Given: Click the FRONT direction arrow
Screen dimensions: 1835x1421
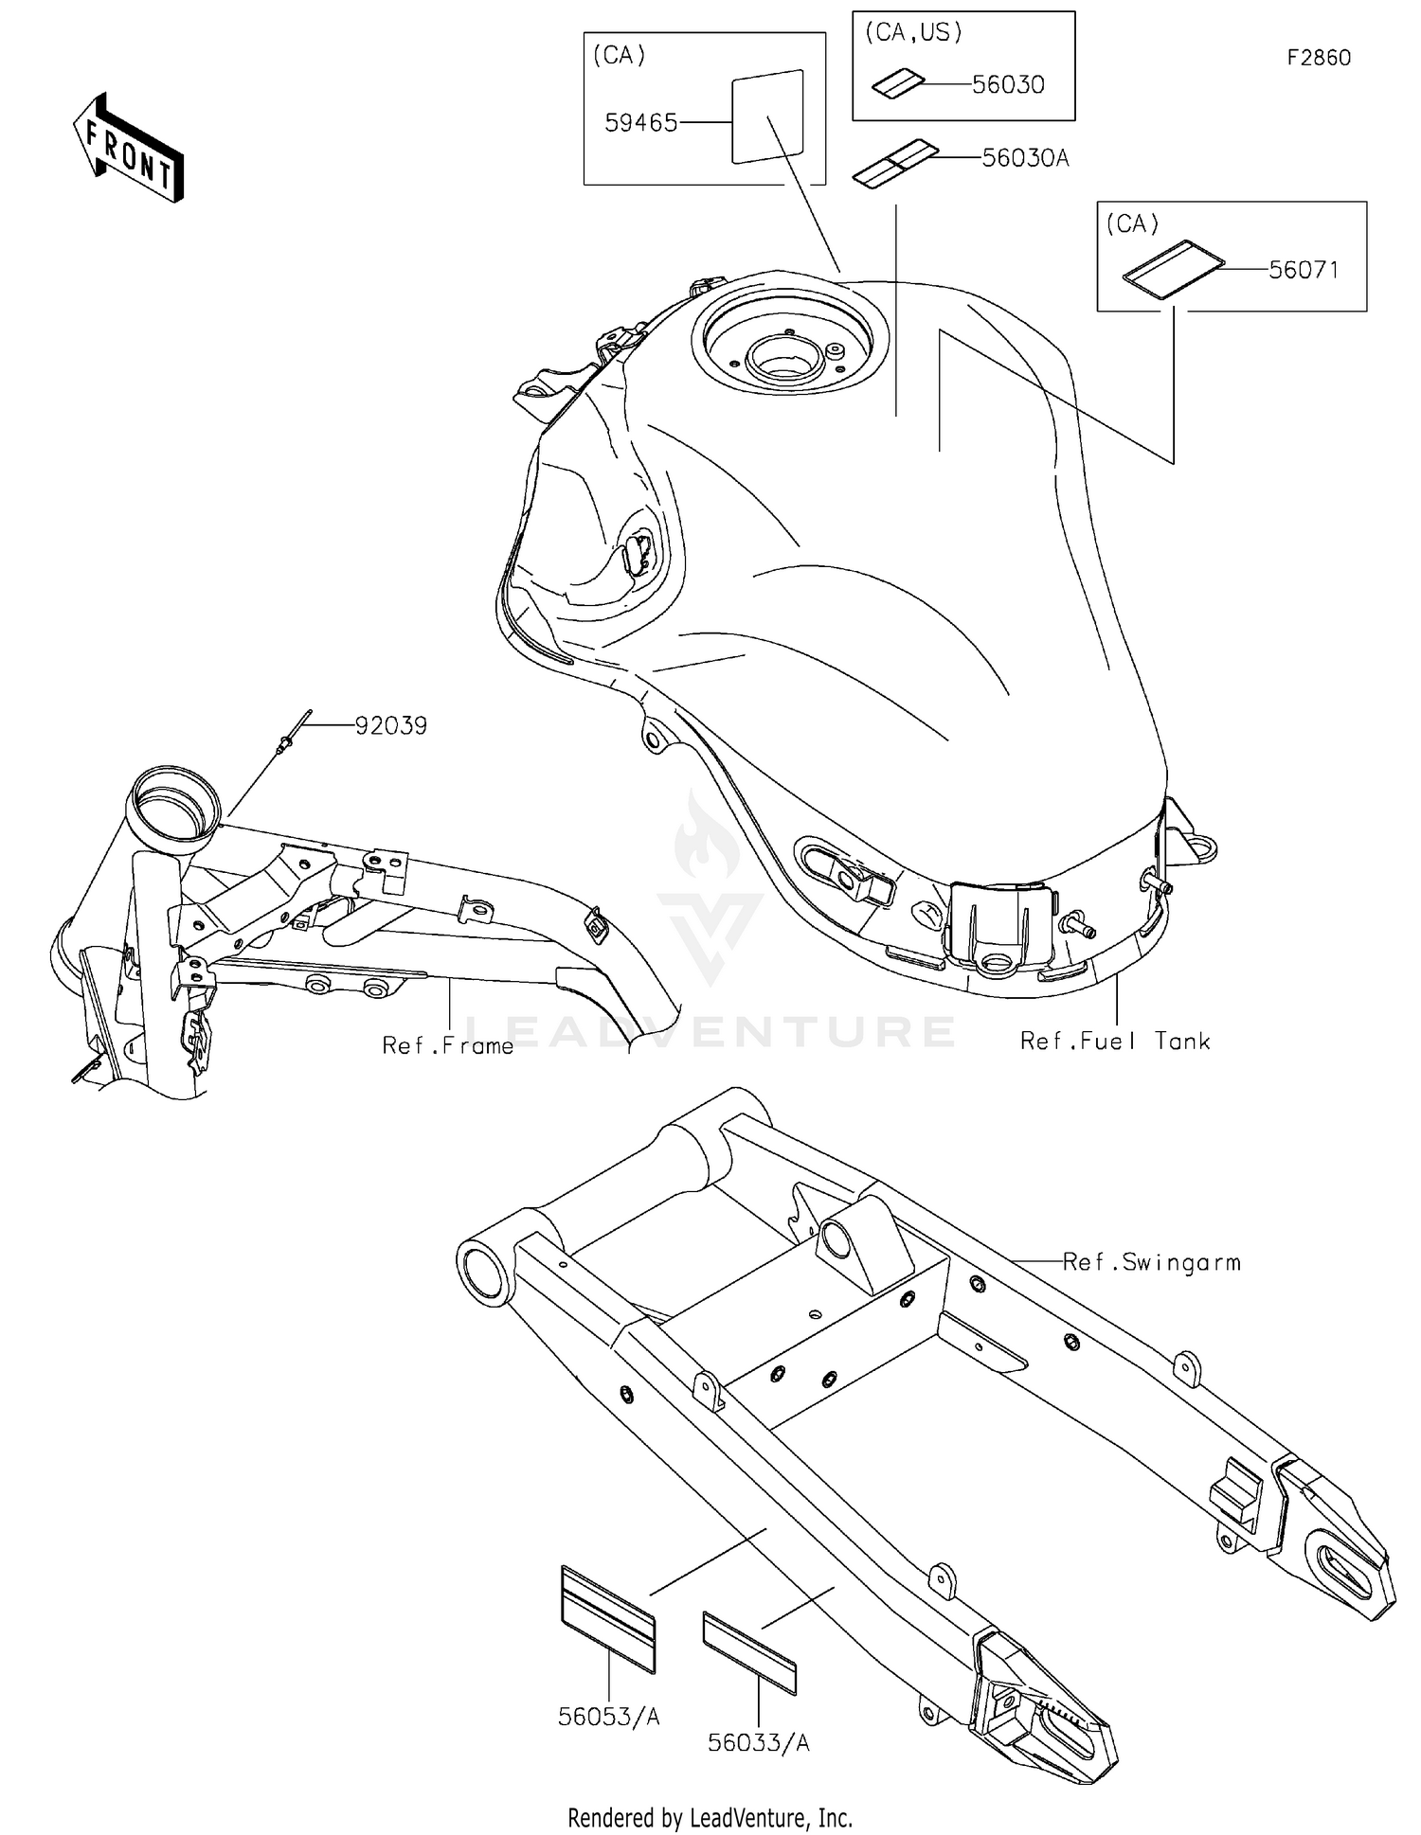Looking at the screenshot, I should coord(128,149).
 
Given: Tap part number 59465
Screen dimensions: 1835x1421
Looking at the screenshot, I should coord(640,123).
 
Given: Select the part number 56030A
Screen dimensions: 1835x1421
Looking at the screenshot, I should coord(1025,158).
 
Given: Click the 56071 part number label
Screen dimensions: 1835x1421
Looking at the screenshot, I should coord(1304,271).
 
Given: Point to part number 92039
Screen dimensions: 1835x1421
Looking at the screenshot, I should coord(390,726).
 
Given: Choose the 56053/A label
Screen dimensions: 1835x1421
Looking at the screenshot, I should coord(608,1717).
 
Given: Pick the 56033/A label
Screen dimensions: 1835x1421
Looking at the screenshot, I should coord(758,1743).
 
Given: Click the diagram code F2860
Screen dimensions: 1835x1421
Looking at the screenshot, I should coord(1319,58).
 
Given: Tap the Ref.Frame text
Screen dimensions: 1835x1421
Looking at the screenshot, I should coord(447,1045).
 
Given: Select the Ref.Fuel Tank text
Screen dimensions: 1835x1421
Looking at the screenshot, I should coord(1115,1042).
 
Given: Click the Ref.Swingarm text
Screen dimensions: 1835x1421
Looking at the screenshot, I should coord(1151,1262).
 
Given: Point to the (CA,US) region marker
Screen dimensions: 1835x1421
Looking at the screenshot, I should coord(913,33).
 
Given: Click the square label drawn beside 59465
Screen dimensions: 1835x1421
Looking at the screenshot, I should coord(767,116).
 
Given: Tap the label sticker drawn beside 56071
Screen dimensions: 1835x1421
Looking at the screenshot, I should coord(1173,269).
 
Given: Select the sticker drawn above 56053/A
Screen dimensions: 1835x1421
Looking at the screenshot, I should coord(607,1618).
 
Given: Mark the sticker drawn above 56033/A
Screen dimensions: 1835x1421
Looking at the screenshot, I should coord(749,1652).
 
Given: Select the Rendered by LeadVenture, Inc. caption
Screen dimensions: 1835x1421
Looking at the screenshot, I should coord(710,1817).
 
